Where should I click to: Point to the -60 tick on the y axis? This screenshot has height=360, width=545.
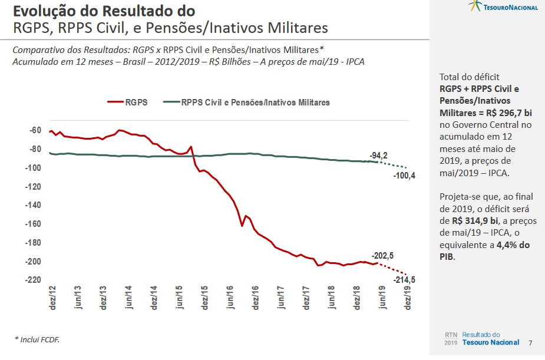pos(35,131)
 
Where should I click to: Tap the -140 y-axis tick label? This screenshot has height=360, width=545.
pos(33,206)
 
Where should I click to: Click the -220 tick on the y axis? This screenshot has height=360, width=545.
pos(33,280)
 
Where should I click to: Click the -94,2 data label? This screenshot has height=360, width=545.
pos(378,156)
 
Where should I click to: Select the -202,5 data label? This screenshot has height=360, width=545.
pos(382,255)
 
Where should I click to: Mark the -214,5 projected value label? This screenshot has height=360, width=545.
pos(404,280)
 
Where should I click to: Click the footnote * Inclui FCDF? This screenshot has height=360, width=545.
pos(37,340)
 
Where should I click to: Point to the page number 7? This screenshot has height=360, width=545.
pos(531,343)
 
